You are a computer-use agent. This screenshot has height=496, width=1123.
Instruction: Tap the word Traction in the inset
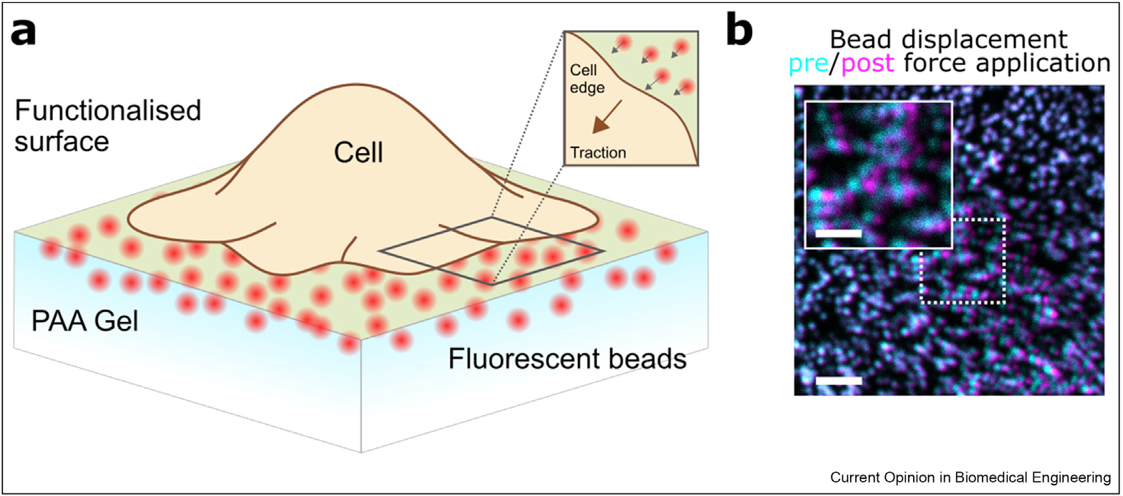click(597, 152)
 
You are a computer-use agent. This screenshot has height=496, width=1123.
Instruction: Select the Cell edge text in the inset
click(587, 78)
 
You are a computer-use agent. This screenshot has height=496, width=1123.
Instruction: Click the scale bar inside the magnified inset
click(838, 233)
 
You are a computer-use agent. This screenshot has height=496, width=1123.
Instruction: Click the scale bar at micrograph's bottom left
click(838, 380)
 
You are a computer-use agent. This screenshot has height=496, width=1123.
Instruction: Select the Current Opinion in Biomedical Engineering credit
click(971, 477)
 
